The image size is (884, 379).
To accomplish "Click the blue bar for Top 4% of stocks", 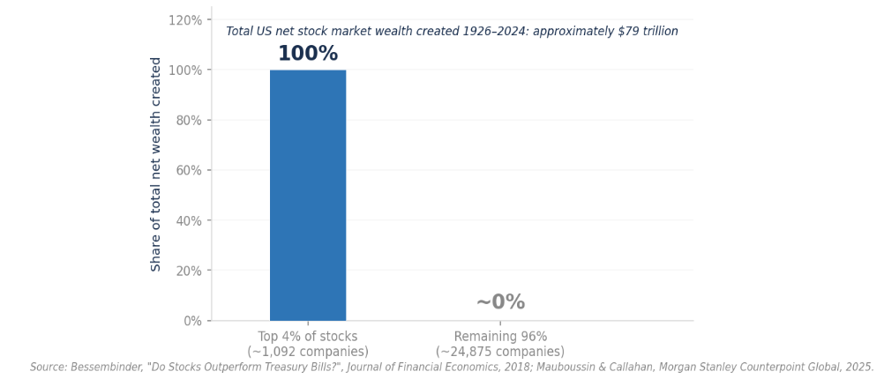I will [308, 195].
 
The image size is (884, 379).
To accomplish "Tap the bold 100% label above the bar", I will [308, 55].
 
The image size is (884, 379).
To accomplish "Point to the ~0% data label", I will [500, 302].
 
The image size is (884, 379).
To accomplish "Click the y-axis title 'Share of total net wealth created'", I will [156, 164].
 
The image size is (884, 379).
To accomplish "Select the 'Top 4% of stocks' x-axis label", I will [308, 337].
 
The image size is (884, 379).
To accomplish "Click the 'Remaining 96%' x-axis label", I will [500, 337].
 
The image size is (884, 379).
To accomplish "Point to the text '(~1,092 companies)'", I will [308, 352].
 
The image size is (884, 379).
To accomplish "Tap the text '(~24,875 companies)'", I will [500, 352].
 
